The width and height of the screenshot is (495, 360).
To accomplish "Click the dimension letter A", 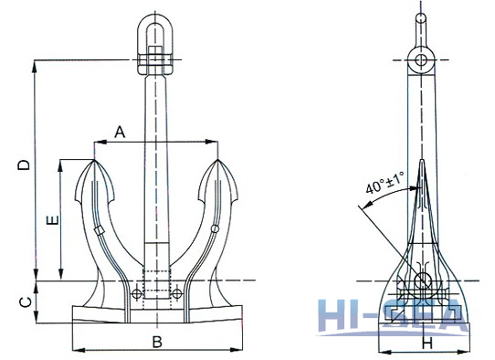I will click(119, 132).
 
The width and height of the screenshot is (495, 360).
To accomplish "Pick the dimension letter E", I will click(53, 220).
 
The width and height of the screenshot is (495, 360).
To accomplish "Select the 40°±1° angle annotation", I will click(384, 187).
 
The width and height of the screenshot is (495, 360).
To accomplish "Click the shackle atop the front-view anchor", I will click(156, 46).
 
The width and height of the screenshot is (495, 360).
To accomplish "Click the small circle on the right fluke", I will click(213, 228).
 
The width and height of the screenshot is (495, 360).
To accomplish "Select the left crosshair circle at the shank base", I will click(135, 293).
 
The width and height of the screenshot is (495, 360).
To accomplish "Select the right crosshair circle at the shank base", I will click(178, 293).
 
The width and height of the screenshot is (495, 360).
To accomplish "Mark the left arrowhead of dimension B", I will click(76, 350).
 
